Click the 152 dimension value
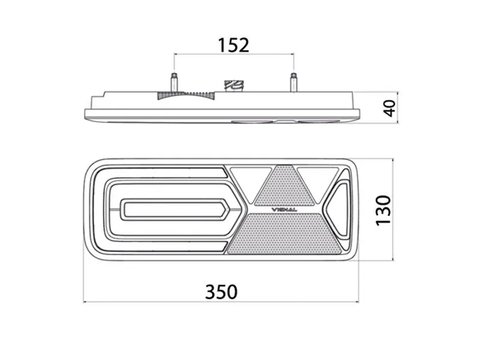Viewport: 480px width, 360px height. (x=233, y=45)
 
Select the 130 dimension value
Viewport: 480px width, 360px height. (x=383, y=210)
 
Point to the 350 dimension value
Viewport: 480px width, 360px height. (x=221, y=292)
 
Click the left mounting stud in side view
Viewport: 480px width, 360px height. (x=174, y=83)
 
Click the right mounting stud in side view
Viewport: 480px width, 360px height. (x=293, y=83)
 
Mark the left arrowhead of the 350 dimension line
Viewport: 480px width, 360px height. (x=86, y=302)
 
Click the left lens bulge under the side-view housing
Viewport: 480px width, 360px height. (x=251, y=122)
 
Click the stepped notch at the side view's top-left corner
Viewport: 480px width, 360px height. (x=106, y=94)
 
